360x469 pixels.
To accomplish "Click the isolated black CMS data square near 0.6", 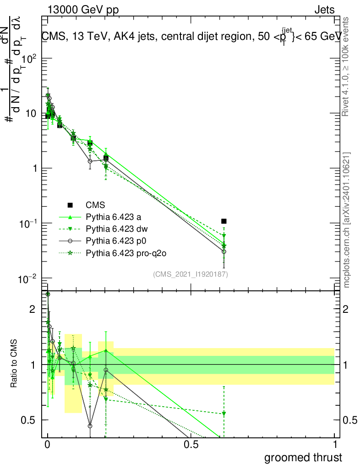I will click(224, 221).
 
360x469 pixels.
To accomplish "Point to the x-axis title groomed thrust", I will click(303, 458).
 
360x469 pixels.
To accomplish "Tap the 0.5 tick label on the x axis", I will click(191, 445).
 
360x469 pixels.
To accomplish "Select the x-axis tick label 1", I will click(334, 445).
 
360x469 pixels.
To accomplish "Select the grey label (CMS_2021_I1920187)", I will click(191, 274).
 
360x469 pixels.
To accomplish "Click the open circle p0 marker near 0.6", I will click(224, 251).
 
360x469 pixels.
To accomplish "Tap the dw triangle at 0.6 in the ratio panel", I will click(224, 414).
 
